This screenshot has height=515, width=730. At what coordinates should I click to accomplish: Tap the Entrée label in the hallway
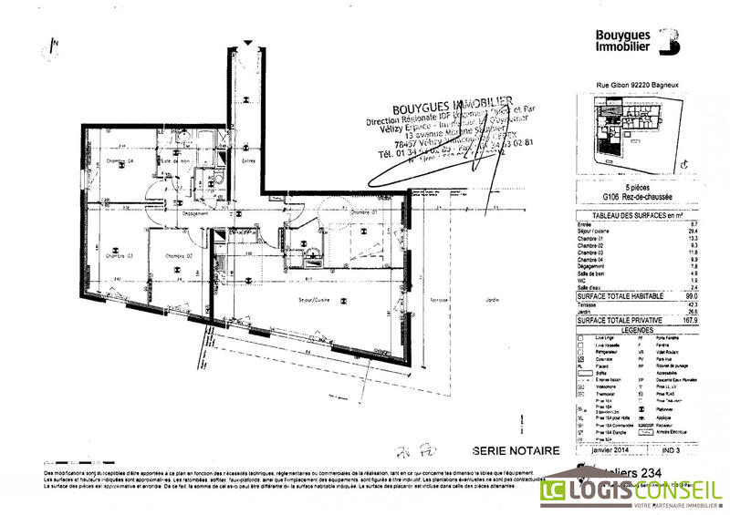[248, 161]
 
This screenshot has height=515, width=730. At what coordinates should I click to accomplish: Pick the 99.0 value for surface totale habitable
[691, 296]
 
